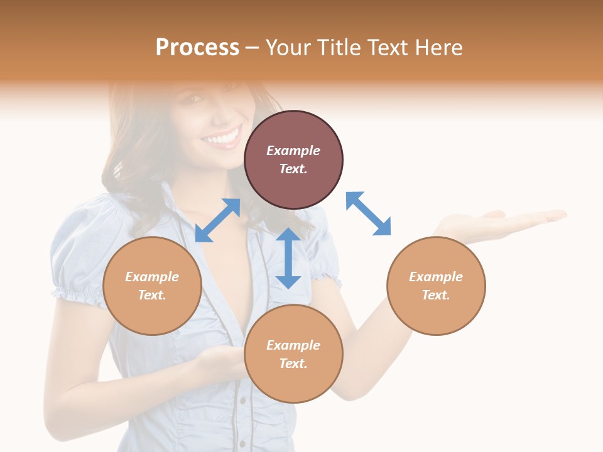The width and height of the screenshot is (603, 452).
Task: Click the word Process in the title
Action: click(x=197, y=48)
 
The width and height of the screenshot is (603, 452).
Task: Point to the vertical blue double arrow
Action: click(x=288, y=258)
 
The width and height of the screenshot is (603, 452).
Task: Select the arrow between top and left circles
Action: click(x=217, y=220)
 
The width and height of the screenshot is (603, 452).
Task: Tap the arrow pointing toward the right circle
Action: click(x=369, y=213)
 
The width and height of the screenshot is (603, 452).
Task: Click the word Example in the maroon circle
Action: click(x=293, y=151)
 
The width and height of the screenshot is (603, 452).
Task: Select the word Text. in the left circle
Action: click(x=152, y=295)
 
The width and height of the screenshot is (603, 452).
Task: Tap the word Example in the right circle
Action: click(x=436, y=277)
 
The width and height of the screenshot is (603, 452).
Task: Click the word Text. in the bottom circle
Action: click(x=293, y=363)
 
